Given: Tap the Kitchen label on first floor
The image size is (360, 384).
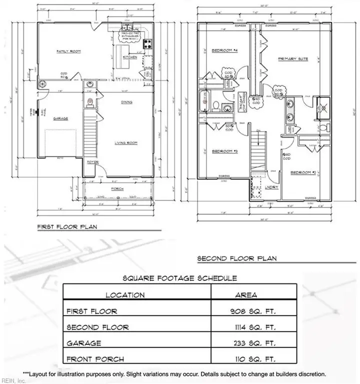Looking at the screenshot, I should [x=129, y=57].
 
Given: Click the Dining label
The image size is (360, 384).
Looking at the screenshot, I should [x=127, y=102].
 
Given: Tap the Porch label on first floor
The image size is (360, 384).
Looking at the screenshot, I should [x=117, y=188].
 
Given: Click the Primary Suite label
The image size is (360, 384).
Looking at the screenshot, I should [x=293, y=59].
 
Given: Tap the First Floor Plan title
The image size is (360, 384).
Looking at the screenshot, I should [x=67, y=226].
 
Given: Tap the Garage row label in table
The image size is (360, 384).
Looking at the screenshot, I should [x=83, y=343].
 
